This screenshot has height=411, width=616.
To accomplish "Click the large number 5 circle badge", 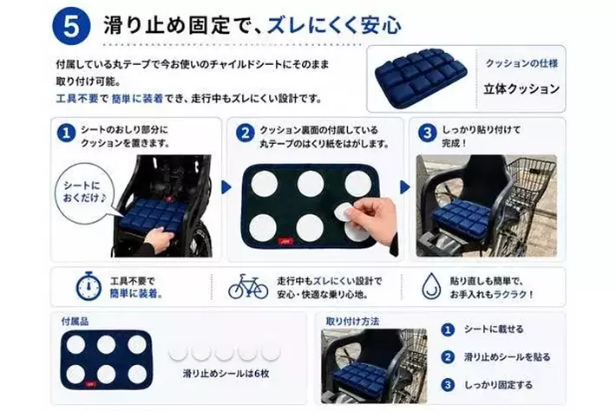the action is (x=71, y=25).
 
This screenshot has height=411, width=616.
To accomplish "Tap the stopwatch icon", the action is (x=88, y=286).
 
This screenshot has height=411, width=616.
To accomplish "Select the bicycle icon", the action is (x=248, y=286).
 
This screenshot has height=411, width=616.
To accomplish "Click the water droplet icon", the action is (x=431, y=286).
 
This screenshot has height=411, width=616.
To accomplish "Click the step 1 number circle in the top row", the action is (x=67, y=134).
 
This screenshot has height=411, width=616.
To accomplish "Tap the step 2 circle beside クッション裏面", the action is (x=246, y=134).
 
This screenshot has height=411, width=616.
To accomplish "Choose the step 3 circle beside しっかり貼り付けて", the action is (x=428, y=134).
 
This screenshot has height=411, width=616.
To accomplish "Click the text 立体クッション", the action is (x=521, y=89).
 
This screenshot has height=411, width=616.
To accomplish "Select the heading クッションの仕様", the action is (x=521, y=63).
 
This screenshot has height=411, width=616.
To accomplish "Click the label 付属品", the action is (x=75, y=322).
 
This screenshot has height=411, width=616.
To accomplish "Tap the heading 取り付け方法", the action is (x=352, y=322).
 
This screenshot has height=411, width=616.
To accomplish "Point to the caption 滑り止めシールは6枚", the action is (x=226, y=374).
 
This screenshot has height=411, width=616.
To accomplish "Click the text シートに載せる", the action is (x=494, y=329).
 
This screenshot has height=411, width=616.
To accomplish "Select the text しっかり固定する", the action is (x=499, y=385).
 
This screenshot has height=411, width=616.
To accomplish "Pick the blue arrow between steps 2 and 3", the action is (x=404, y=186).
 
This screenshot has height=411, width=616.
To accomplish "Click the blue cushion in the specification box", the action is (x=421, y=77).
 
